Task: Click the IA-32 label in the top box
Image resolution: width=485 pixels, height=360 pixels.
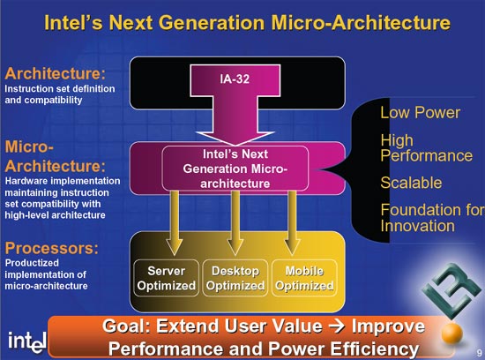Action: pos(235,79)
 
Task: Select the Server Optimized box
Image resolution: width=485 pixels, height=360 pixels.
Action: pos(167,278)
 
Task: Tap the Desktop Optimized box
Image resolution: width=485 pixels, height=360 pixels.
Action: pos(235,278)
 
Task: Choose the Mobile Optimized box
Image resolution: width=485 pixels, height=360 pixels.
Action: pos(304,278)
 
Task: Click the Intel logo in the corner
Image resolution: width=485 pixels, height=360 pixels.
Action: pos(27,342)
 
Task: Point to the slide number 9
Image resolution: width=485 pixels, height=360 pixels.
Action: pos(479,353)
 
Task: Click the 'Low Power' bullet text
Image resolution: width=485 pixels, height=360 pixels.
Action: pos(421,112)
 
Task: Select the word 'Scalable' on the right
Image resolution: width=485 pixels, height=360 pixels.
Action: pos(411,183)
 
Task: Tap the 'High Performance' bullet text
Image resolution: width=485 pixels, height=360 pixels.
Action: pos(427,148)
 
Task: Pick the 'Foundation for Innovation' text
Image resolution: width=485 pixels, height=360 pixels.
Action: pos(432,218)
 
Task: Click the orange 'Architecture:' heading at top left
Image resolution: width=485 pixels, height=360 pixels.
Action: pos(55,73)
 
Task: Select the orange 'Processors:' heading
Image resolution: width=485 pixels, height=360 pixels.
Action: pos(52,248)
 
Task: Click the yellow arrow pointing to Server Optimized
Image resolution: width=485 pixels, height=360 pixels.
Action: pos(175,223)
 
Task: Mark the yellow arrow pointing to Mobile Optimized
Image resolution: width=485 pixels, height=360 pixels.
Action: pos(292,223)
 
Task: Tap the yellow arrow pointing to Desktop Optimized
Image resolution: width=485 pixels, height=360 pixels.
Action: pos(235,223)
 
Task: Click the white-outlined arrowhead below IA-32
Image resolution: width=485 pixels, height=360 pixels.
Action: pos(235,138)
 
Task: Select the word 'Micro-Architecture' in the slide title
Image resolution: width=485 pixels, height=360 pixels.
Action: pos(361,23)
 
